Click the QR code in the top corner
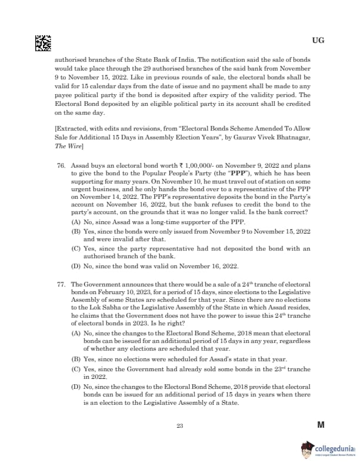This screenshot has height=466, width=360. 43,42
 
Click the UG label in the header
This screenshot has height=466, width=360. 318,41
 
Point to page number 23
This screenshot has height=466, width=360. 180,426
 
